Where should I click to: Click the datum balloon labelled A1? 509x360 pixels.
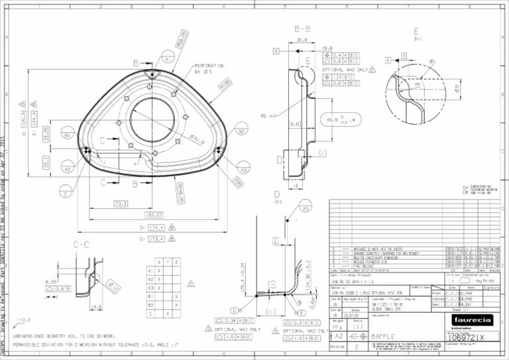[168, 59]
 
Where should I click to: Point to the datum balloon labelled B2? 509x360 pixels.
[241, 131]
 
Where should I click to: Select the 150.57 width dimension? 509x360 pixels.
[153, 215]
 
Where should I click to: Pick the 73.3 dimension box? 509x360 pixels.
[121, 204]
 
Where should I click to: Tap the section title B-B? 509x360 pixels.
[302, 29]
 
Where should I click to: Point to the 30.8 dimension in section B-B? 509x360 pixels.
[302, 40]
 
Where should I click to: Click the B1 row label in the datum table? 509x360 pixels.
[150, 296]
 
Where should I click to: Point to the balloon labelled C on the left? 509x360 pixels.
[66, 194]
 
